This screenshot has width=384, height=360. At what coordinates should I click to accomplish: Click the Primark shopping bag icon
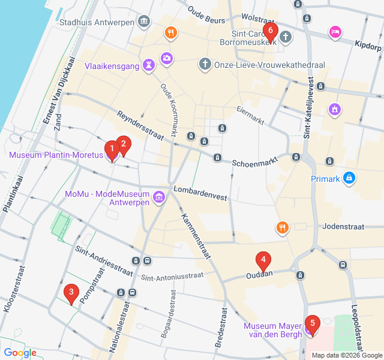(x=349, y=178)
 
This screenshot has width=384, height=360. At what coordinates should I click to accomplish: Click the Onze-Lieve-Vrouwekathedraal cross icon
(x=205, y=64)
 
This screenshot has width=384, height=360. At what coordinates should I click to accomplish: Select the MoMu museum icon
(x=159, y=197)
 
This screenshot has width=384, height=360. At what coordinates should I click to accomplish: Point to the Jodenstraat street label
(x=343, y=227)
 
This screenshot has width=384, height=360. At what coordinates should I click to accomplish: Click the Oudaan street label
(x=260, y=275)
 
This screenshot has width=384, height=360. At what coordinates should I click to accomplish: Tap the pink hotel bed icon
(x=335, y=31)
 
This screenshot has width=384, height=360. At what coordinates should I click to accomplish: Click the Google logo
(x=20, y=353)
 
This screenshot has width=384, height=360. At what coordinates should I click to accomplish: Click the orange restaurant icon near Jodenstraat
(x=282, y=227)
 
